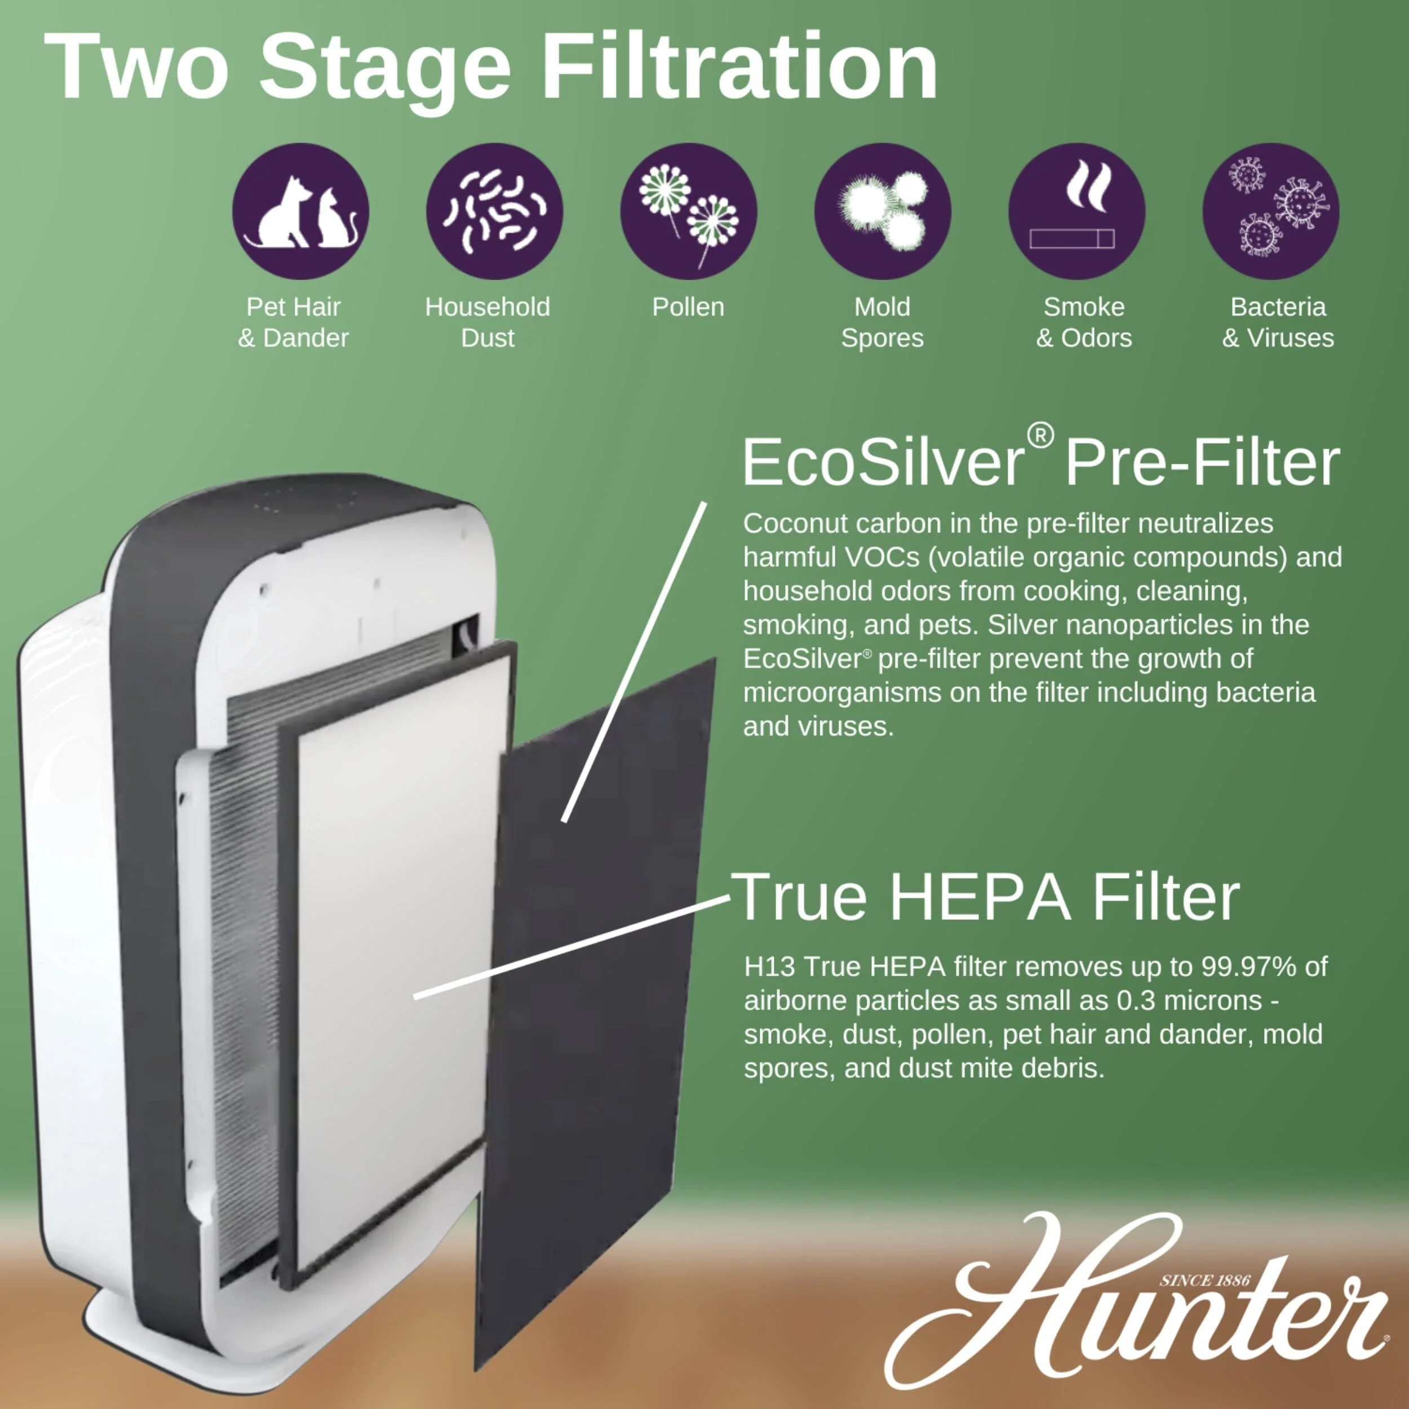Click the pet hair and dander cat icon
[300, 211]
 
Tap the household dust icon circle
[494, 211]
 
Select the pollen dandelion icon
[689, 211]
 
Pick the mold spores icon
[883, 211]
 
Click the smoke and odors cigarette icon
[1076, 211]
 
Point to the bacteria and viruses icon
[1270, 211]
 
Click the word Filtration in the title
[739, 67]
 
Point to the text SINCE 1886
[1205, 1280]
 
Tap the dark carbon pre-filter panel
[595, 1014]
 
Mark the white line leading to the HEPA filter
[571, 946]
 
